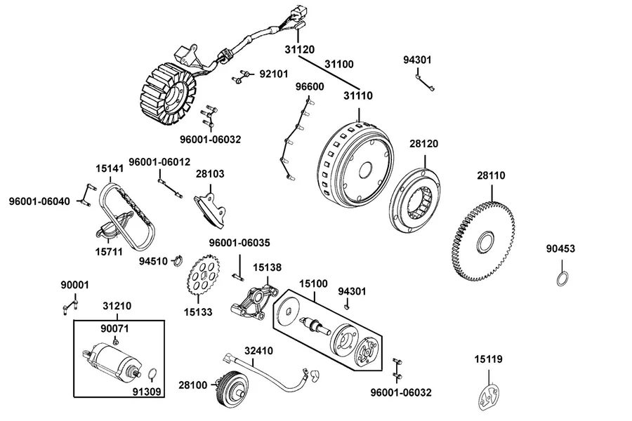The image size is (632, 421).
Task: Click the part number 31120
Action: [299, 50]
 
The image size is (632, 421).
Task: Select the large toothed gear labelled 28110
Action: [484, 241]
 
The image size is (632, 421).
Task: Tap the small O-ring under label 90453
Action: [562, 279]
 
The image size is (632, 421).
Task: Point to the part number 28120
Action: [423, 144]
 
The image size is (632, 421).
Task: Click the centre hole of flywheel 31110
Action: [365, 170]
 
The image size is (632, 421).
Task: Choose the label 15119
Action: [488, 359]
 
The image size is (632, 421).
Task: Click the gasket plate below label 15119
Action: [489, 398]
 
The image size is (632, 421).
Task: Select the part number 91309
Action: [147, 392]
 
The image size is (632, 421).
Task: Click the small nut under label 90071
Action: [115, 342]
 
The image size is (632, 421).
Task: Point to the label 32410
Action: [258, 351]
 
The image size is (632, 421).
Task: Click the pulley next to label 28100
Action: [230, 387]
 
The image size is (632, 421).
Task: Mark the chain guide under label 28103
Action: [210, 210]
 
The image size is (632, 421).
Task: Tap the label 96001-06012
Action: [159, 162]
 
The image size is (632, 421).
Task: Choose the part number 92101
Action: [274, 74]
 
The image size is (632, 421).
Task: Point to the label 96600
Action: [310, 86]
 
